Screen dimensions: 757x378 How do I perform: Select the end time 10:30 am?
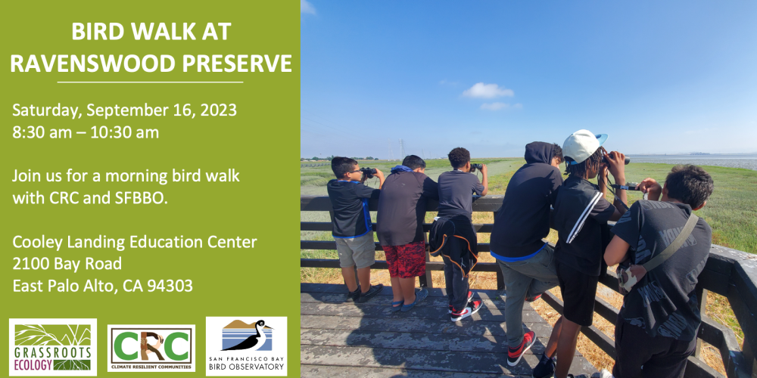(x=125, y=132)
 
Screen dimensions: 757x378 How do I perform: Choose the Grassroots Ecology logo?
(x=53, y=347)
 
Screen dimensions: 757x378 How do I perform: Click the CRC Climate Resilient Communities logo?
(x=151, y=348)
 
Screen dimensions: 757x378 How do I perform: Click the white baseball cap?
(x=584, y=145)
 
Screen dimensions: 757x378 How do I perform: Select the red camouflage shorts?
(x=404, y=259)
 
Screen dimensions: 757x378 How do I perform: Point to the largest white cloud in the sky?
(x=488, y=91)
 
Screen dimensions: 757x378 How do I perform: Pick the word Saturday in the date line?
(x=45, y=111)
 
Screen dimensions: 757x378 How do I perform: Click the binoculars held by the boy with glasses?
(x=369, y=172)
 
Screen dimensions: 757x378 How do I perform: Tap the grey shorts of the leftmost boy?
(x=355, y=249)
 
